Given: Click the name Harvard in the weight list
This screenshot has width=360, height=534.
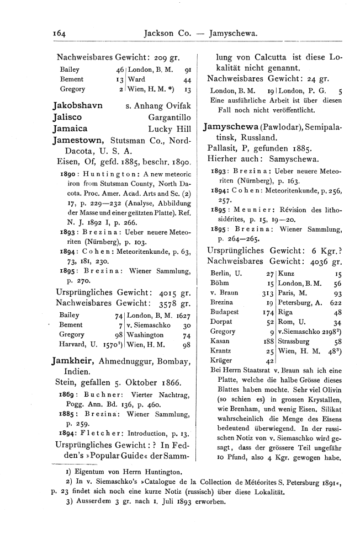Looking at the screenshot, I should [x=70, y=345].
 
